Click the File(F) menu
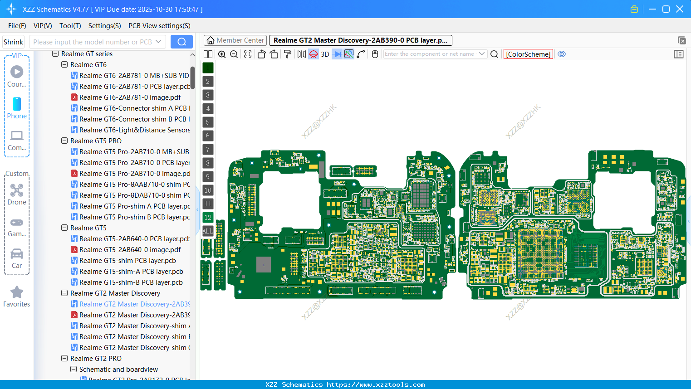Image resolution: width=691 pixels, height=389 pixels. pos(17,26)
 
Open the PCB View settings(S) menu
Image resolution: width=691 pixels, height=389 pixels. pos(159,26)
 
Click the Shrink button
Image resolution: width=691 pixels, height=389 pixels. pos(13,42)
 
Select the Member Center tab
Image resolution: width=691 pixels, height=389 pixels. pos(235,40)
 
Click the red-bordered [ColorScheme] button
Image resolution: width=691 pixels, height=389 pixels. pos(528,54)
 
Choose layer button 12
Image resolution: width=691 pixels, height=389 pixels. pos(208,218)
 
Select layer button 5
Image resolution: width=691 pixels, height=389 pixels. pos(208,122)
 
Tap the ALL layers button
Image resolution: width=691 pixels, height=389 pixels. pos(208,231)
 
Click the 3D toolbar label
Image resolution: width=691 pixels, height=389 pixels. pos(325,54)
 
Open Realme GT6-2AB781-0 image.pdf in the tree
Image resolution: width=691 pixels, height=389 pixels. pos(130,97)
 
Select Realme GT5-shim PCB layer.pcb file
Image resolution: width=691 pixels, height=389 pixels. pos(127,261)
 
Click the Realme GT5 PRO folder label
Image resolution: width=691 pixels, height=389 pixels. pos(96,141)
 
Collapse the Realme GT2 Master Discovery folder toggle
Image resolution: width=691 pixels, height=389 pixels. pos(64,293)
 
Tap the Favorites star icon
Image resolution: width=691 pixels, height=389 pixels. pos(17,292)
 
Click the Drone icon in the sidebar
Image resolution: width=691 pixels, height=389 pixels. pos(17,191)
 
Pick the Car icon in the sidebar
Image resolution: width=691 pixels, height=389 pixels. pos(17,254)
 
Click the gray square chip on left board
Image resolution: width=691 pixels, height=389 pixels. pos(264,265)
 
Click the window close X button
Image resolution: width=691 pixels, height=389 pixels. pos(680,9)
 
